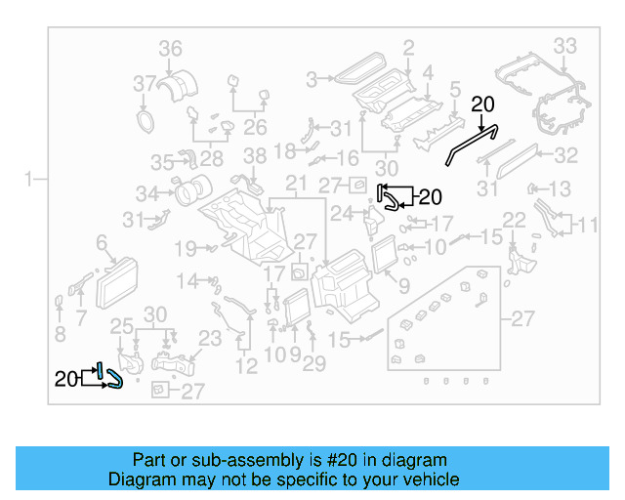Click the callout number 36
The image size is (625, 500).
point(171,49)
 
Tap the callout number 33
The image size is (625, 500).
point(565,45)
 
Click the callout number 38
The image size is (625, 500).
point(254,155)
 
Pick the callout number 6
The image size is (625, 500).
point(101,241)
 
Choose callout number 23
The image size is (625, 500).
point(210,339)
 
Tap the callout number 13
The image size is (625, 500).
point(560,188)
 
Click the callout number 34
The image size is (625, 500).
point(146,192)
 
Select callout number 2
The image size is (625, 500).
point(408,46)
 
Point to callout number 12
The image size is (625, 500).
point(246,366)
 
